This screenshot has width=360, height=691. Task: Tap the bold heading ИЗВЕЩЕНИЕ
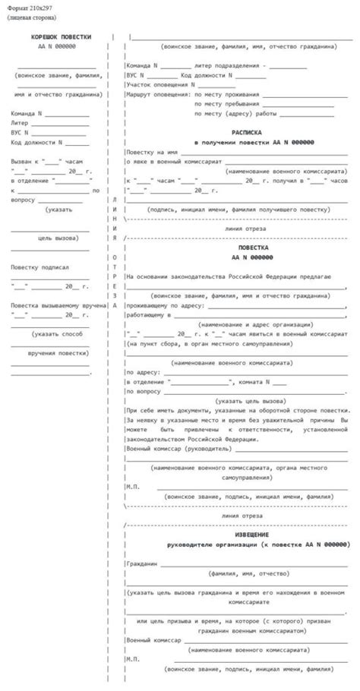pyautogui.click(x=235, y=534)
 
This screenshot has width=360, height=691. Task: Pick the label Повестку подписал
pyautogui.click(x=40, y=267)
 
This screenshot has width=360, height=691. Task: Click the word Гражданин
pyautogui.click(x=142, y=564)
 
